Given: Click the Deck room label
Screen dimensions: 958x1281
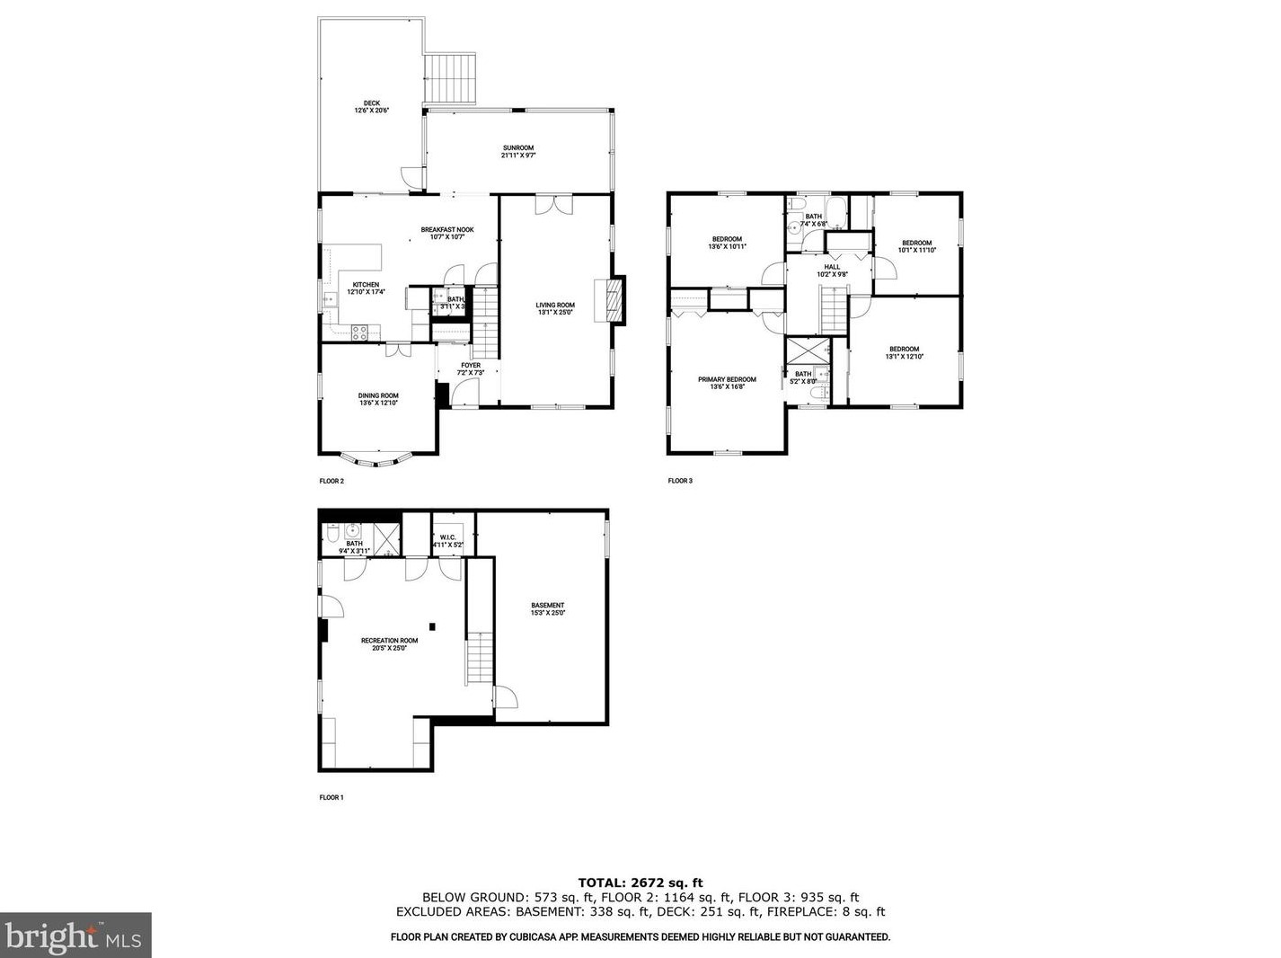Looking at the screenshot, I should click(x=371, y=106).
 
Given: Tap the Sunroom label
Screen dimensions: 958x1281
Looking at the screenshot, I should click(x=517, y=151).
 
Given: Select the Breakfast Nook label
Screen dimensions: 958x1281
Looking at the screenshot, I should click(x=446, y=233).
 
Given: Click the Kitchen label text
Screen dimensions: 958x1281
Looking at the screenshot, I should click(x=366, y=288).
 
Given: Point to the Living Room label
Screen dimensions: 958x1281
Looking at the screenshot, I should click(x=555, y=308).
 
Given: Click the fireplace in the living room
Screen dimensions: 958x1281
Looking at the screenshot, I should click(x=614, y=298).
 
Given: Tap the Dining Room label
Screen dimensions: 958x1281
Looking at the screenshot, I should click(x=378, y=399).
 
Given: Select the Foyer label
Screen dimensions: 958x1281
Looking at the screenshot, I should click(x=471, y=368).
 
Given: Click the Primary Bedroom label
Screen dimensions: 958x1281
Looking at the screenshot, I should click(x=727, y=383).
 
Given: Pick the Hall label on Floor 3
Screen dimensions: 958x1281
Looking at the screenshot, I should click(x=832, y=270).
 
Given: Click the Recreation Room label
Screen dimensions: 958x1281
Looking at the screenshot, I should click(x=389, y=643).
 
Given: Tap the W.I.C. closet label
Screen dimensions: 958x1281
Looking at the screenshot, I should click(x=447, y=540).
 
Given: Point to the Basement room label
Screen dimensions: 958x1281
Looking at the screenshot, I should click(x=547, y=608).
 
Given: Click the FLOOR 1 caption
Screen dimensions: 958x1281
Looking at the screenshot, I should click(x=331, y=797).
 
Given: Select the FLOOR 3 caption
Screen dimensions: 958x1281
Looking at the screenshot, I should click(x=680, y=481).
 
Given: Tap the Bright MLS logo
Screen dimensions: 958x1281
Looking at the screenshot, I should click(x=75, y=936).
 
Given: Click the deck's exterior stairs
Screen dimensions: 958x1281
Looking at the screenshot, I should click(x=450, y=79).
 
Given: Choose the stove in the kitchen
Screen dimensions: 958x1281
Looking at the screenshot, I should click(x=359, y=333).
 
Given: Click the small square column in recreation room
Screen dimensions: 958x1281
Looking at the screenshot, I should click(x=432, y=625).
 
